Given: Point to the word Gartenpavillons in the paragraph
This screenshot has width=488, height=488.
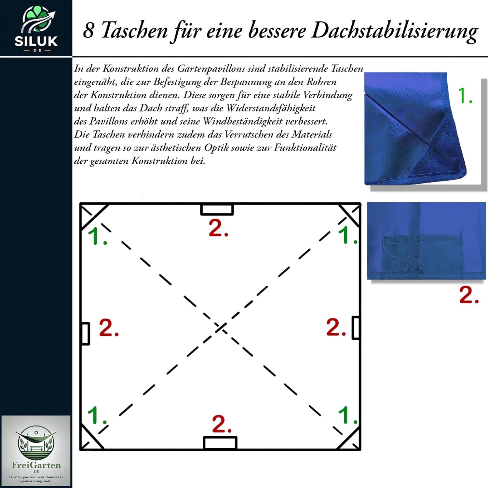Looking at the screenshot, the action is [x=211, y=69].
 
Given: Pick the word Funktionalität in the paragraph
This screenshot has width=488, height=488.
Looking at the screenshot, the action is [x=305, y=147].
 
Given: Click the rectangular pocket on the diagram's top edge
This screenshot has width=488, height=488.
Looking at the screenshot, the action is [x=217, y=210].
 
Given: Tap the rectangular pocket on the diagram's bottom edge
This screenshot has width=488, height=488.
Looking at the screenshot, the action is [x=220, y=443].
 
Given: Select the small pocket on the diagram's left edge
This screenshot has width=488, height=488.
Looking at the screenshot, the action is [x=85, y=333].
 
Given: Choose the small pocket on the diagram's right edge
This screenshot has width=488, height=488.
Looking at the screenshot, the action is [x=356, y=328].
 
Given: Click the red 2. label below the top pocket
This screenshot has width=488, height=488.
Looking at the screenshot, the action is [x=218, y=228].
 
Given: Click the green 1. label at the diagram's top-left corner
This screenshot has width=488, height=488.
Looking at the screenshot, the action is [x=97, y=236].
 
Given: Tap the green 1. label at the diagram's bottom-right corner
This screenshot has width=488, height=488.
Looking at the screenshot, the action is [x=348, y=415].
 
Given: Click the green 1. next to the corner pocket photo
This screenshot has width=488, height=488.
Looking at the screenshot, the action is [x=465, y=96].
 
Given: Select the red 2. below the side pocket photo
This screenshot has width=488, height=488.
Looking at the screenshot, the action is [x=469, y=295].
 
